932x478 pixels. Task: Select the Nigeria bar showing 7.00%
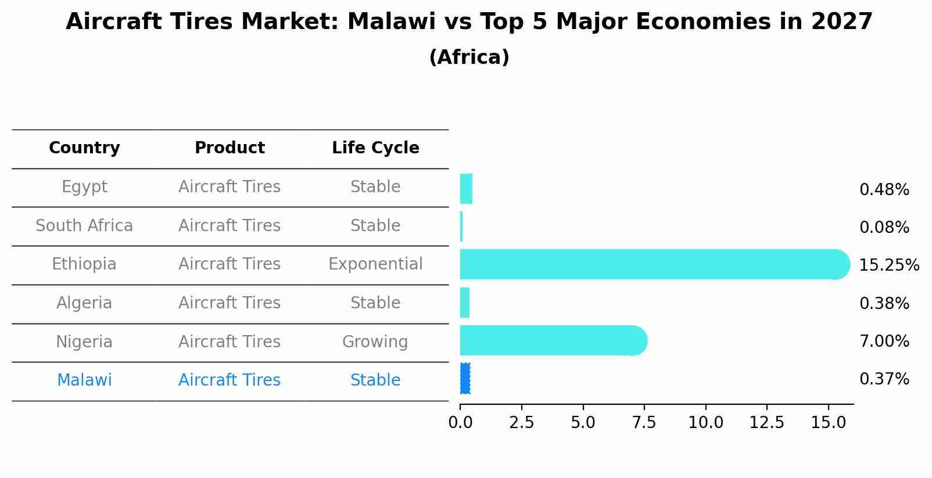coord(552,340)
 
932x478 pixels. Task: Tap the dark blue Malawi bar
coord(465,379)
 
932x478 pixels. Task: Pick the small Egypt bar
coord(466,189)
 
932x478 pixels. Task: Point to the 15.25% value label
coord(888,265)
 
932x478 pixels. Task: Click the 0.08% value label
coord(884,228)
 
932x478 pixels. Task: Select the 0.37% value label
coord(884,379)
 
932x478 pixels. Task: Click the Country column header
coord(84,148)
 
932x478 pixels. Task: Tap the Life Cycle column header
coord(375,148)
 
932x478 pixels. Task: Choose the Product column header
coord(230,148)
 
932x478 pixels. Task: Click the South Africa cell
coord(84,225)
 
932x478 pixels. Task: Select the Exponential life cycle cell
coord(375,264)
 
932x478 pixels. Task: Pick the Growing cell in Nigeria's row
coord(375,342)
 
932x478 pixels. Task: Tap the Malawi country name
coord(84,380)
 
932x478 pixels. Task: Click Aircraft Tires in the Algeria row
coord(230,303)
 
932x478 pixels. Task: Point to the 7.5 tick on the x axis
coord(644,423)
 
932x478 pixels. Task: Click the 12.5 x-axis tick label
coord(767,423)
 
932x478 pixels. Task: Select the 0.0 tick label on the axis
coord(460,423)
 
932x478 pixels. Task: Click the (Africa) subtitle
coord(469,57)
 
